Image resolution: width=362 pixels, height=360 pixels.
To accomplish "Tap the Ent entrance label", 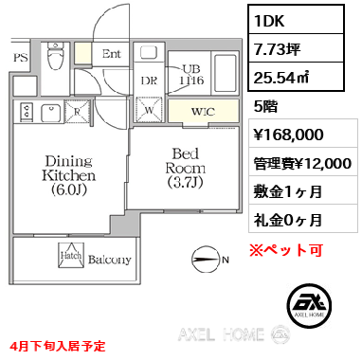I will click(112, 54).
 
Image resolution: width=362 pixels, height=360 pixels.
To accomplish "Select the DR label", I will click(148, 81).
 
